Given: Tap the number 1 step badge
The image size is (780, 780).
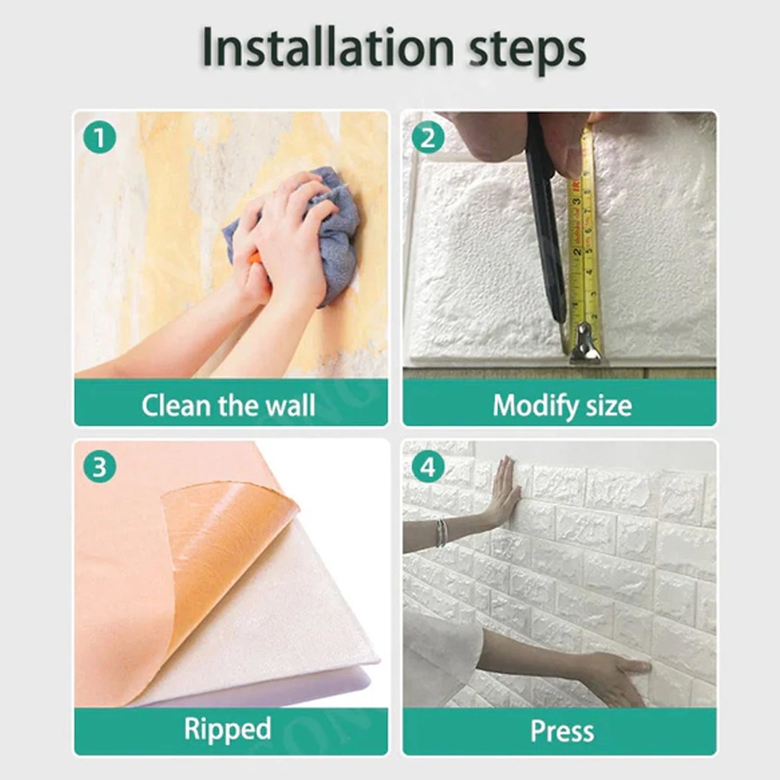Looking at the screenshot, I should click(x=99, y=138).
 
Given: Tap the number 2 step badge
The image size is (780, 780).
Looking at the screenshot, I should click(x=427, y=138).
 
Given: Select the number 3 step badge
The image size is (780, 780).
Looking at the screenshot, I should click(x=99, y=466).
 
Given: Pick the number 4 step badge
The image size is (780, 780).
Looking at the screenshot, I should click(x=427, y=466).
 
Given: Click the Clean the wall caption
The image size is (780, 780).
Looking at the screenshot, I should click(x=229, y=406).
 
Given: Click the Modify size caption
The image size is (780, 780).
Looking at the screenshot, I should click(x=562, y=406).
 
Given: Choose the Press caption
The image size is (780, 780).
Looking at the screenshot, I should click(x=562, y=731).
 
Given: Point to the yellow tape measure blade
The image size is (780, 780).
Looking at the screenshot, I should click(x=585, y=234).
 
